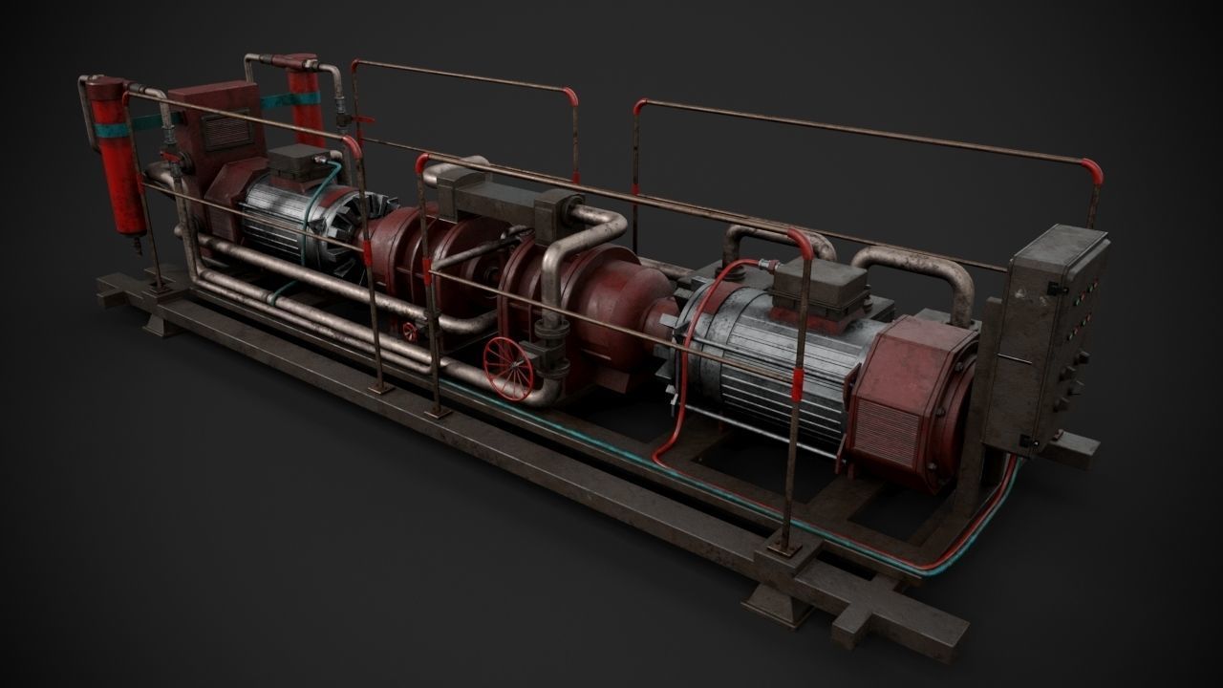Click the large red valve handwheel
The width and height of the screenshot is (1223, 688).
click(509, 367)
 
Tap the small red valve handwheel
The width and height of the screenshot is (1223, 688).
click(412, 332)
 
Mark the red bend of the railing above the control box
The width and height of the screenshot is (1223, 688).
click(1092, 174)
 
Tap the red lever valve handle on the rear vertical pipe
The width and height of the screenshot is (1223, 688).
click(361, 120)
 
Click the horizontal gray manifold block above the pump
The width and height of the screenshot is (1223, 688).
click(502, 197)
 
